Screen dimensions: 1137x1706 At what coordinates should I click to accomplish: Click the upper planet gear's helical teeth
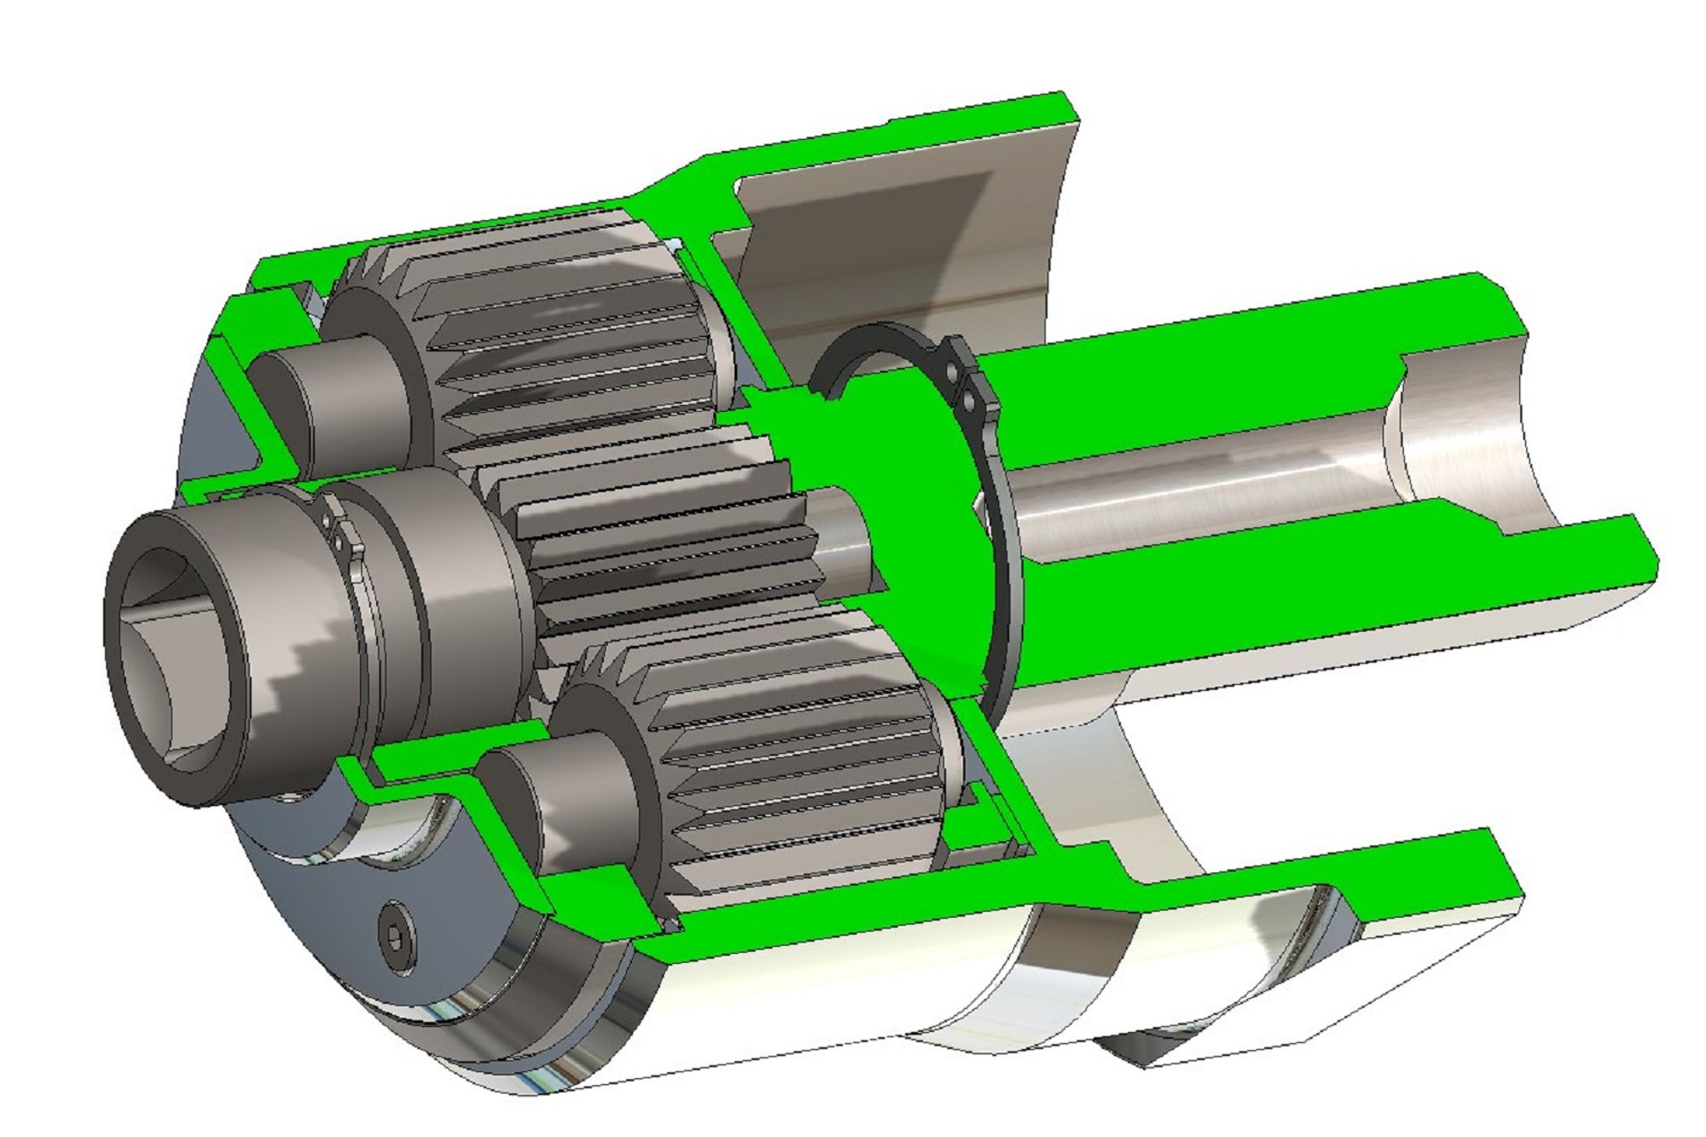[563, 324]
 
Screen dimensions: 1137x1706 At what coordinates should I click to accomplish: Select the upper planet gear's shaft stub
[341, 401]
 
